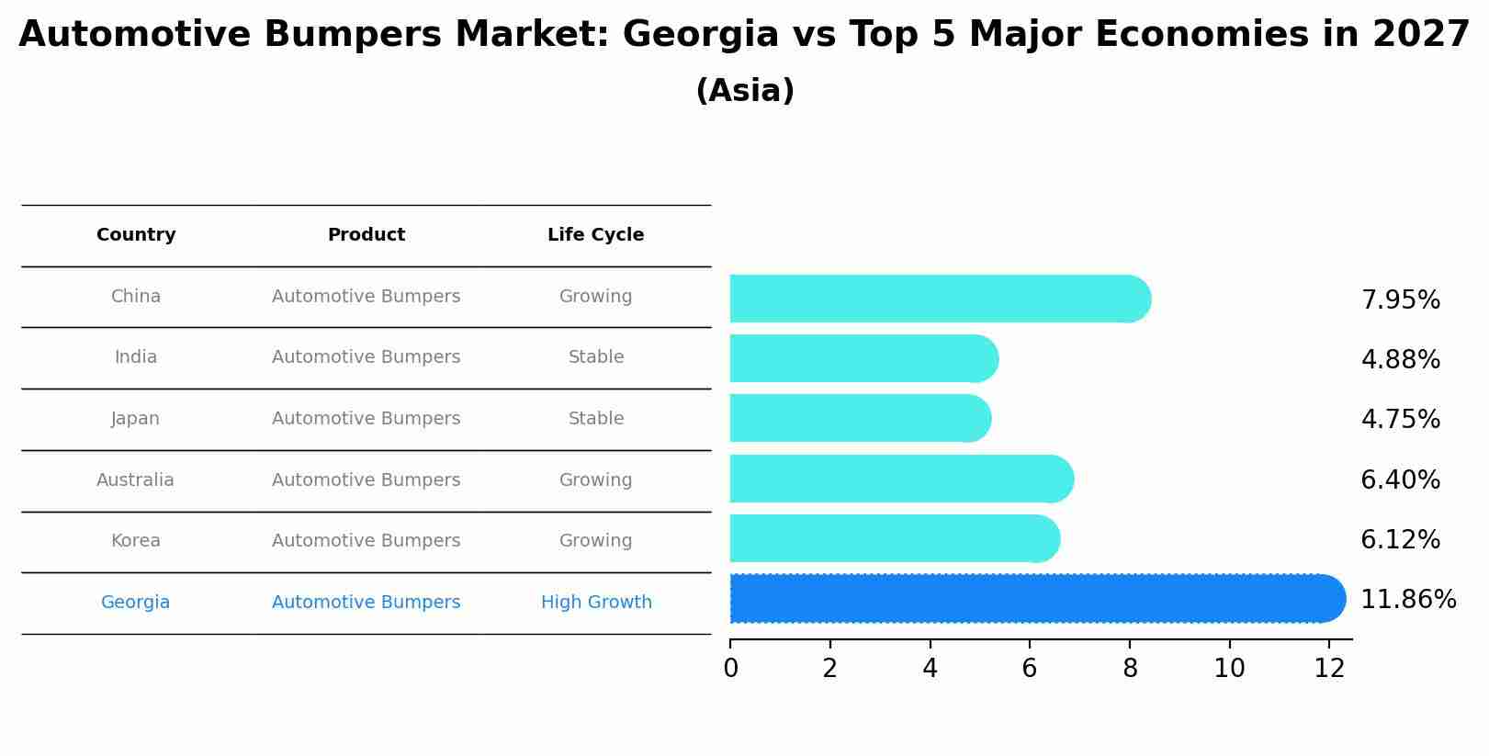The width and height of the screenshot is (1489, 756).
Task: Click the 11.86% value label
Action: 1407,600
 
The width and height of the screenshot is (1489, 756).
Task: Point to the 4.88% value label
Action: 1400,359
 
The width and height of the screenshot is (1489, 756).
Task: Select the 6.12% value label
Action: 1400,539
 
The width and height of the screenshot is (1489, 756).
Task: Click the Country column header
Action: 136,235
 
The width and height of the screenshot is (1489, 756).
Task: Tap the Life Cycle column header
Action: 595,235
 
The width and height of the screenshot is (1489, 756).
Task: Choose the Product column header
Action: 366,235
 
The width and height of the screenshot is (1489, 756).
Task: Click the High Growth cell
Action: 595,603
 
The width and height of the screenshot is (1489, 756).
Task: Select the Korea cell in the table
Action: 136,541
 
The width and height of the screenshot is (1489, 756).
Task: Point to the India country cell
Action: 136,357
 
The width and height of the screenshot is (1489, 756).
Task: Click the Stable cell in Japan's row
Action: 595,419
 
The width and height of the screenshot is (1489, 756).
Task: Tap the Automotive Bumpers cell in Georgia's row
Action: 366,603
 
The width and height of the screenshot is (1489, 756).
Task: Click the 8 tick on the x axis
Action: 1130,669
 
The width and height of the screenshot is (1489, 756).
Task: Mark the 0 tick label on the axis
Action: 730,669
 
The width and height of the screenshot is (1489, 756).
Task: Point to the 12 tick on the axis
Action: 1329,669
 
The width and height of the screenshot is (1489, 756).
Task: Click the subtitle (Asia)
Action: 744,91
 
